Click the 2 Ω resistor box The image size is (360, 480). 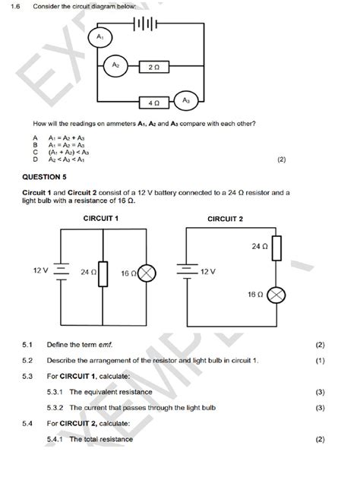point(155,68)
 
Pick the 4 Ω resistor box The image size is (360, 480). point(153,101)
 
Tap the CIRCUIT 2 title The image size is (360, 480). point(226,219)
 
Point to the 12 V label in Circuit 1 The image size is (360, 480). point(40,270)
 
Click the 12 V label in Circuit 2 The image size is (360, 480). point(209,270)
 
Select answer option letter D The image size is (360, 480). point(35,159)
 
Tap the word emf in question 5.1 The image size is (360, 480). point(115,345)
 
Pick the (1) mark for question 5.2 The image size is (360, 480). point(319,361)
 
